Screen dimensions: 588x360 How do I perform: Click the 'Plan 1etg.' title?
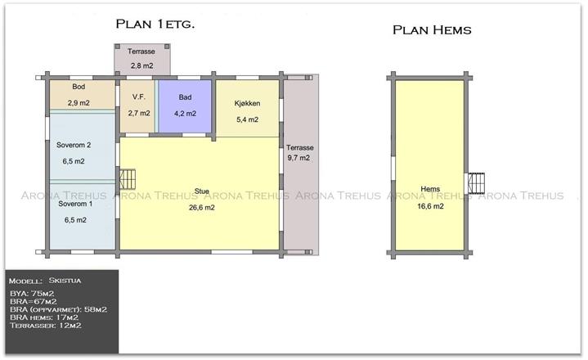[x=155, y=24]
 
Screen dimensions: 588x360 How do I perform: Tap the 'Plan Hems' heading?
[x=432, y=30]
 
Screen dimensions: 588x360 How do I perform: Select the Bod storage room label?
[x=79, y=87]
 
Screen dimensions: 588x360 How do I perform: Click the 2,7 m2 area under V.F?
[x=139, y=113]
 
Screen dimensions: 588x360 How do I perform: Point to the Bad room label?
[x=186, y=97]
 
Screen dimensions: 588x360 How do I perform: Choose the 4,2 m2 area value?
[x=186, y=113]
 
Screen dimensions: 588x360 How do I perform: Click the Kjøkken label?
[x=248, y=103]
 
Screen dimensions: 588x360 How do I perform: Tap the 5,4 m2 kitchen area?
[x=248, y=119]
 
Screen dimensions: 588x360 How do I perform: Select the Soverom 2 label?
[x=74, y=145]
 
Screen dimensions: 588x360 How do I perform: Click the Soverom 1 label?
[x=75, y=204]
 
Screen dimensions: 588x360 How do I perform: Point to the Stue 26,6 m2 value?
[x=202, y=207]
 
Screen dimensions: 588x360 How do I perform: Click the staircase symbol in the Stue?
[x=128, y=179]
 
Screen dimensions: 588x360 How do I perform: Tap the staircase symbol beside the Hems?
[x=475, y=183]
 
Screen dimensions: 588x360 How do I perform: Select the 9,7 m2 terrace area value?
[x=298, y=158]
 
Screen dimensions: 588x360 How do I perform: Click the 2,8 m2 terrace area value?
[x=142, y=66]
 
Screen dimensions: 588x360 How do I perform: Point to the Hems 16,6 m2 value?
[x=430, y=206]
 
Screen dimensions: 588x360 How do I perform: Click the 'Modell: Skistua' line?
[x=45, y=281]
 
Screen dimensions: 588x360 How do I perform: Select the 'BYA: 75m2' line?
[x=32, y=294]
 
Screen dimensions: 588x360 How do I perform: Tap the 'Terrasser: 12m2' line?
[x=46, y=326]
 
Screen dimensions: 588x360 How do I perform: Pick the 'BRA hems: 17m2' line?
[x=44, y=317]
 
